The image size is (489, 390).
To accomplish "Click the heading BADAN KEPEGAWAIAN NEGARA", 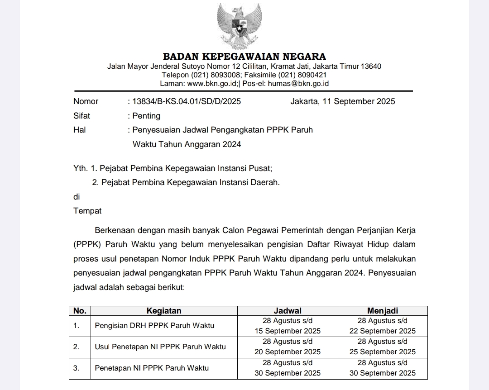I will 244,57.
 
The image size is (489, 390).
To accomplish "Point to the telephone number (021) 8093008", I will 212,75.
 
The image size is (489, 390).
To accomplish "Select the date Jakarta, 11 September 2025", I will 343,101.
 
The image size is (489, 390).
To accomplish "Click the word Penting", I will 146,116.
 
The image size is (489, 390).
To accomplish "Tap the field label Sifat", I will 81,116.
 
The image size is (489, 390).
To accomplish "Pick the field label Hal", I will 79,130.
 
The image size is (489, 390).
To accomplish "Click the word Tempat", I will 87,211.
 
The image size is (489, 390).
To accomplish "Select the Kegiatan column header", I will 164,311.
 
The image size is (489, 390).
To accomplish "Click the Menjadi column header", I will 383,311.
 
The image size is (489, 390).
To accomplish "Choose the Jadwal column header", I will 288,311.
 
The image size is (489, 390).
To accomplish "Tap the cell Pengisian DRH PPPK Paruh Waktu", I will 154,326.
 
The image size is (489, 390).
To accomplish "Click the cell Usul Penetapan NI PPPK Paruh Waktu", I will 160,347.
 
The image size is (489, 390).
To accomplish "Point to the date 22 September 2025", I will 383,331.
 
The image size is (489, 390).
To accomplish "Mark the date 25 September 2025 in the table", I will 383,352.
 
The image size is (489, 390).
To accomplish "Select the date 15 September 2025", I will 288,331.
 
